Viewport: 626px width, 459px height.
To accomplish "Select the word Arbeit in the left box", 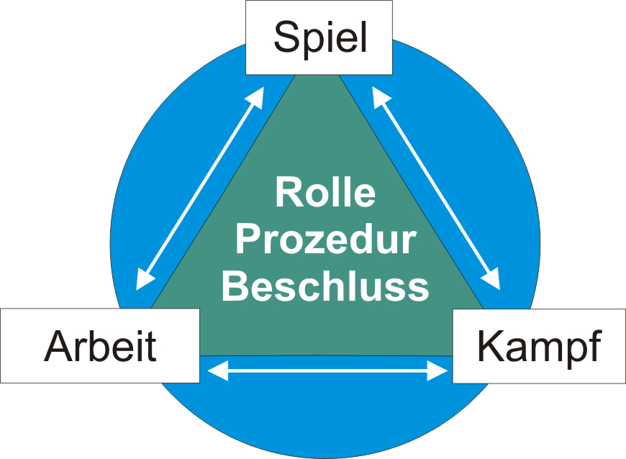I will tap(100, 346).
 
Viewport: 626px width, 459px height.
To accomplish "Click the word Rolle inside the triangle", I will tap(325, 193).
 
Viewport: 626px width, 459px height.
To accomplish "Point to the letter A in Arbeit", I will tap(58, 346).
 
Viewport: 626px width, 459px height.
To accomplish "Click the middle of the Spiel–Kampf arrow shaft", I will tap(436, 188).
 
